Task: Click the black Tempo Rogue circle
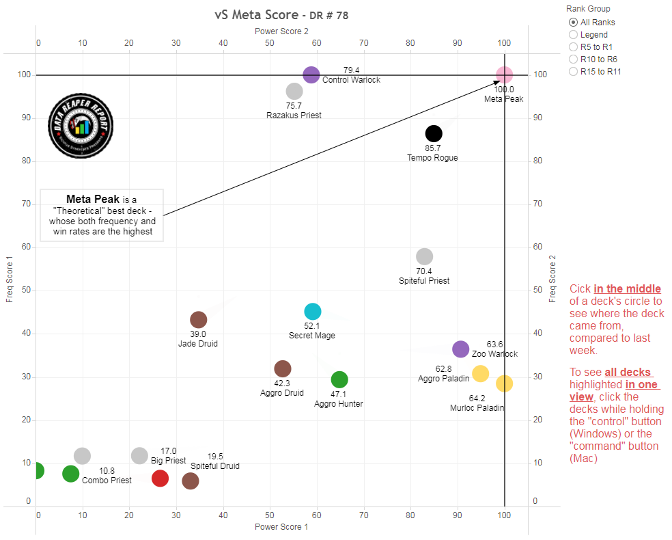434,133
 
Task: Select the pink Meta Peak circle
504,75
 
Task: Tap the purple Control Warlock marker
311,75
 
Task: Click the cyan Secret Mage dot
312,312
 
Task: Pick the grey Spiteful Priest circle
425,256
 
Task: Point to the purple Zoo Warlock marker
461,349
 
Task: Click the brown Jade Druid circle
198,319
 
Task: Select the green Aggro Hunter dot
339,379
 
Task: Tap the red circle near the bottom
160,478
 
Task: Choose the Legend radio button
573,35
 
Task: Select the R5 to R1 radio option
573,47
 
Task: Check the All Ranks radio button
573,23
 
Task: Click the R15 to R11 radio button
573,72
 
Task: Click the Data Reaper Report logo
81,126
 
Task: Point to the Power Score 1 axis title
281,527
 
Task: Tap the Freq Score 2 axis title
552,279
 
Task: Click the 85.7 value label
432,148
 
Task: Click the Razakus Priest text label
294,116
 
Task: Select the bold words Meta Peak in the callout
93,200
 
